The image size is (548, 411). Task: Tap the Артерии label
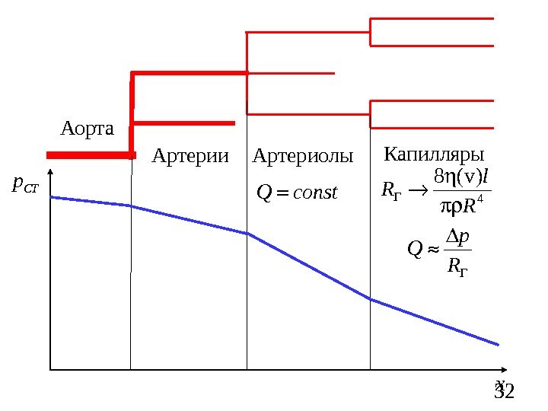click(x=190, y=157)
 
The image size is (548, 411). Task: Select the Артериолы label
click(x=303, y=157)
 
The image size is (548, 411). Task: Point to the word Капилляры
click(x=435, y=155)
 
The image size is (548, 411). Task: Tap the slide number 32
click(x=505, y=393)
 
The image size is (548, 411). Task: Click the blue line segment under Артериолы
click(x=308, y=266)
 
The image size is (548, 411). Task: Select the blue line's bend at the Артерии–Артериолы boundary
click(x=247, y=234)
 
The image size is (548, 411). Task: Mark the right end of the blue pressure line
click(x=498, y=344)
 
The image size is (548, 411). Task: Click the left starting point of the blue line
click(x=51, y=197)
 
